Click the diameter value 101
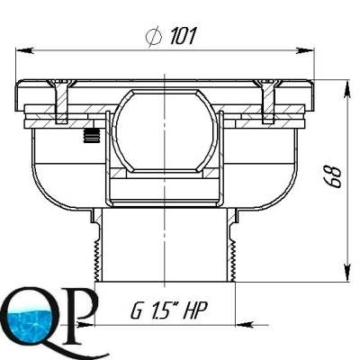183,36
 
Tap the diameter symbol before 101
154,37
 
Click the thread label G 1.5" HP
169,311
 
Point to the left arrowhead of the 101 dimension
24,50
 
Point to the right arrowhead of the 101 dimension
305,50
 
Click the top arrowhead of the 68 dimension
347,89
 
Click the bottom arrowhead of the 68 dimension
347,273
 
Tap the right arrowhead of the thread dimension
244,325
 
